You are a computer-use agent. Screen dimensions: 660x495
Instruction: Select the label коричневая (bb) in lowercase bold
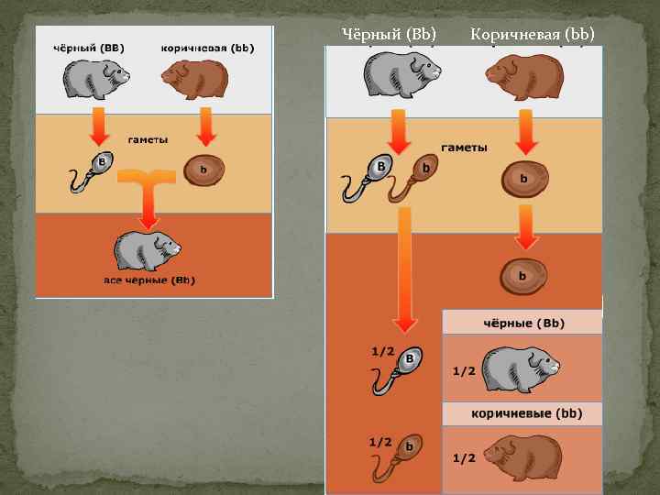point(206,47)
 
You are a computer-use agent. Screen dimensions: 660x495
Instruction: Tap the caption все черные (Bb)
point(148,280)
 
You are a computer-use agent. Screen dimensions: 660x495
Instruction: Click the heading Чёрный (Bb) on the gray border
point(389,35)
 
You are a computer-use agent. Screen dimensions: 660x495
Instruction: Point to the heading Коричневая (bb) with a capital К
point(532,35)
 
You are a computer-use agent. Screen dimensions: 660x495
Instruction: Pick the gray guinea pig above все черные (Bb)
point(147,248)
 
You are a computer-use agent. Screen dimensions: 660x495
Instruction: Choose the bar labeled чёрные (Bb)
point(522,323)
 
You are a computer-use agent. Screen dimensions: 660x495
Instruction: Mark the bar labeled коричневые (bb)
point(522,414)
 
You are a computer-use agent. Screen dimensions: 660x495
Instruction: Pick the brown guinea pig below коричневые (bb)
point(522,456)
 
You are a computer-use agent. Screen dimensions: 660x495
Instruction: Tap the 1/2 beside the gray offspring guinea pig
point(463,371)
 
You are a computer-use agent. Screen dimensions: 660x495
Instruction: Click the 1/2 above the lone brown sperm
point(382,442)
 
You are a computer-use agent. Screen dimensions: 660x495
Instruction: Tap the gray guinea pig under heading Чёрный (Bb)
point(400,75)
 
